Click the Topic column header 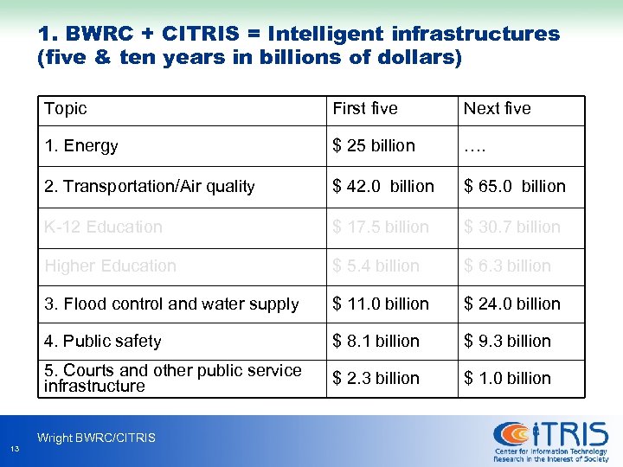[x=66, y=109]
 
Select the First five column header [x=365, y=109]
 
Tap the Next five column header [x=497, y=109]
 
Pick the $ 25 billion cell [x=374, y=146]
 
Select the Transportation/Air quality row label [x=150, y=187]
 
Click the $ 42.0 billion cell [x=383, y=187]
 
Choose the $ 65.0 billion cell [x=515, y=187]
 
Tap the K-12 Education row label [x=104, y=227]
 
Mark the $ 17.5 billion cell [x=381, y=227]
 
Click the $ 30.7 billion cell [x=512, y=227]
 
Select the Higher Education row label [x=111, y=266]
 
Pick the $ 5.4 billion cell [x=376, y=266]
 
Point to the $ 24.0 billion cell [x=512, y=304]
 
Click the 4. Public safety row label [x=103, y=342]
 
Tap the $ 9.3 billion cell [x=508, y=342]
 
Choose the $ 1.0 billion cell [x=508, y=379]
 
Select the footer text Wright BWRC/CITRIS [x=96, y=438]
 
